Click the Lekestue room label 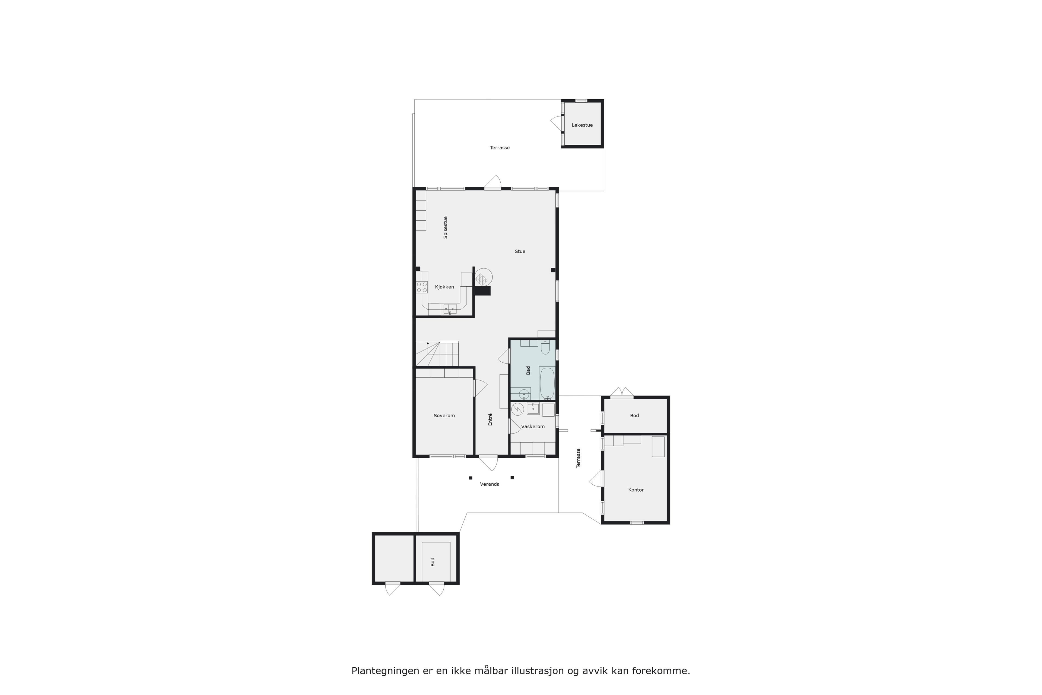582,125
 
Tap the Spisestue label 446,228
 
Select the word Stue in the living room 520,251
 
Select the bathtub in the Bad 547,383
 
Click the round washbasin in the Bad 524,394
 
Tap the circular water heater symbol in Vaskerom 517,409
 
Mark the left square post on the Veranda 471,478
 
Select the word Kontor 636,490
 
